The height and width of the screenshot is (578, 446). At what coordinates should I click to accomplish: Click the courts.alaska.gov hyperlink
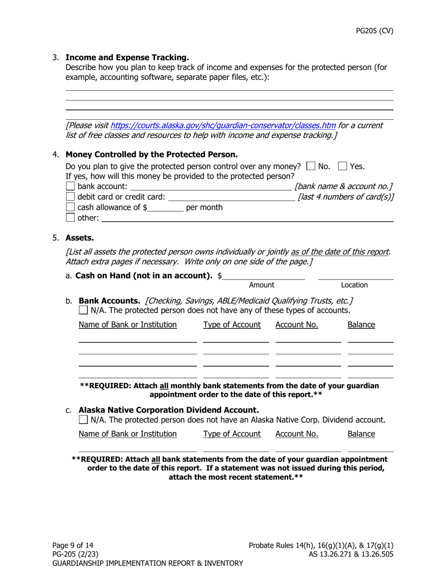coord(223,125)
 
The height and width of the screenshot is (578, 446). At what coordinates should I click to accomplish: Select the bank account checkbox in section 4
coord(70,187)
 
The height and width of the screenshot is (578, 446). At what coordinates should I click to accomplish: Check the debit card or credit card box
coord(70,197)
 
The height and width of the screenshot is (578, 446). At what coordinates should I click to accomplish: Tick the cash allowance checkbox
coord(70,207)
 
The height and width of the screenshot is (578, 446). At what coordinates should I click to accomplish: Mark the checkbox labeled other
coord(70,218)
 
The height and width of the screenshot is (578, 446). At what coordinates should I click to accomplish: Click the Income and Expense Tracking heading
coord(127,57)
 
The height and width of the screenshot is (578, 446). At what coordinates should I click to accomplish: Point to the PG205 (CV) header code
coord(374,31)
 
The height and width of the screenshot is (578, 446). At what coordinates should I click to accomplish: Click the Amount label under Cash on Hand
coord(261,285)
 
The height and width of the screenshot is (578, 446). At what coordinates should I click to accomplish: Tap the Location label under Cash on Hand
coord(354,285)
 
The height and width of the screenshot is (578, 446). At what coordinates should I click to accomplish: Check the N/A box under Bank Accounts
coord(83,310)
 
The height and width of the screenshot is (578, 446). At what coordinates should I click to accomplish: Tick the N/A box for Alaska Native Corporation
coord(83,419)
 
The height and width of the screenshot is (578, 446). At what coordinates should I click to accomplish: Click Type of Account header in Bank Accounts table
coord(232,325)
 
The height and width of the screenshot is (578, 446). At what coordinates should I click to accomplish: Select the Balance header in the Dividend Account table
coord(361,434)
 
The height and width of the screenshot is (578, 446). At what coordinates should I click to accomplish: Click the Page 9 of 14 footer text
coord(76,546)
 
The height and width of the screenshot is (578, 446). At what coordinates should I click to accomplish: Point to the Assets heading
coord(80,238)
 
